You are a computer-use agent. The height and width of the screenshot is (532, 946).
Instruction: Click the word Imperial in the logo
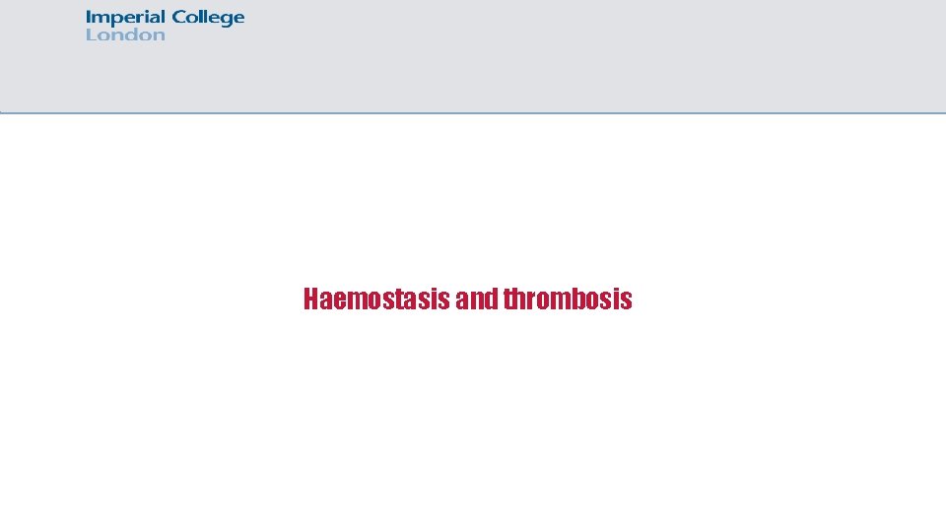126,18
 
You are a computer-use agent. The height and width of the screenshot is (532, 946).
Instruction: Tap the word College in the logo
208,18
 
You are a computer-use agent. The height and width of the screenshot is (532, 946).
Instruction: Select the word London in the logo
125,35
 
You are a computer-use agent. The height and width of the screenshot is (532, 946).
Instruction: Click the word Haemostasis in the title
377,299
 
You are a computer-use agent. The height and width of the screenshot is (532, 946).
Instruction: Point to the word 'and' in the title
478,299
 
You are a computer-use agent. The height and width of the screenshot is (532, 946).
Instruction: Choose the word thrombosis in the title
568,299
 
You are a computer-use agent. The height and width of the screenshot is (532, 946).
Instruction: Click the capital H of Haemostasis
311,299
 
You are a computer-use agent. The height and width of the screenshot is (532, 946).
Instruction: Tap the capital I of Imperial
89,17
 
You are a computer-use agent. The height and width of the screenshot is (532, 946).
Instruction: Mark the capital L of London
91,35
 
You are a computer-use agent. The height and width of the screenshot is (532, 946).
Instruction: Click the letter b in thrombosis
580,299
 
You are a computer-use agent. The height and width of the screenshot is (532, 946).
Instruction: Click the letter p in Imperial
114,20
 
